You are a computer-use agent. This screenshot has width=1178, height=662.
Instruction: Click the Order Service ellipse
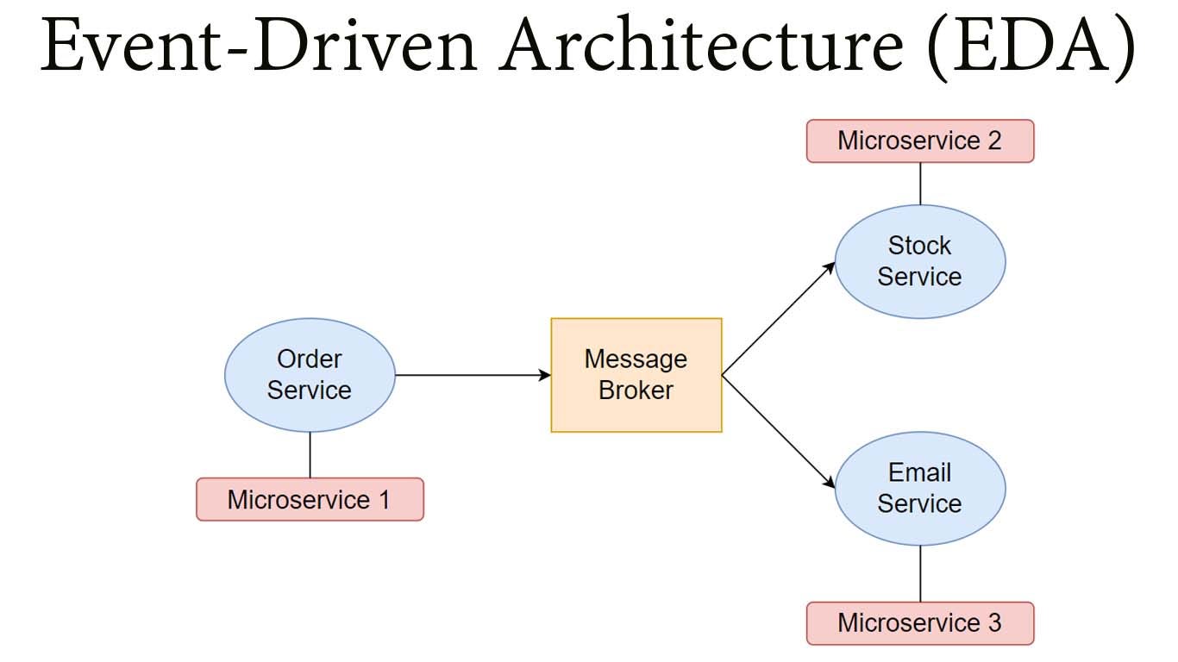tap(310, 375)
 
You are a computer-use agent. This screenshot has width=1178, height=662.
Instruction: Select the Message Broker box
tap(636, 375)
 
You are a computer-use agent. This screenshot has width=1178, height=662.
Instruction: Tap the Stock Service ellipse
tap(920, 261)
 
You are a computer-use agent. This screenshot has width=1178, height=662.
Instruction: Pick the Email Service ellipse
tap(920, 489)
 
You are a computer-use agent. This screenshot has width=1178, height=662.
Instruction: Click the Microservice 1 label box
tap(310, 500)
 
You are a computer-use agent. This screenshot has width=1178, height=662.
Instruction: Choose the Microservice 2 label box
tap(920, 141)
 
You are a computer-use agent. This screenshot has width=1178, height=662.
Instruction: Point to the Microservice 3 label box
tap(920, 623)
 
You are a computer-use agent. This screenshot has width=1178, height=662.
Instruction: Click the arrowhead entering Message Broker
tap(545, 375)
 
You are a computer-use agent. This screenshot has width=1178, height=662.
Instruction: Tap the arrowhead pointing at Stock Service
tap(829, 268)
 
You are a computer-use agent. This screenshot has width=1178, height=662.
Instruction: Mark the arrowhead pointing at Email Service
tap(829, 482)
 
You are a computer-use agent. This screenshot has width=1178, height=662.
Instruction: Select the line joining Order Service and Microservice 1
tap(310, 455)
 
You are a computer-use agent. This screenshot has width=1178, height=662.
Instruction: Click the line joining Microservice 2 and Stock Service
tap(920, 184)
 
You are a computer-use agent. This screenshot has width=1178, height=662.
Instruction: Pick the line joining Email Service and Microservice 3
tap(920, 574)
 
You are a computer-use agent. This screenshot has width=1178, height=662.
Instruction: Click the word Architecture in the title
tap(701, 45)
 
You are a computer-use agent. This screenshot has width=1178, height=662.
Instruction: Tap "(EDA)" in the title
tap(1031, 47)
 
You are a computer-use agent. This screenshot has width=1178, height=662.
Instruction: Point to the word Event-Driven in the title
tap(259, 45)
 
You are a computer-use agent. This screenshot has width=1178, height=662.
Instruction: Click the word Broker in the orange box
tap(636, 390)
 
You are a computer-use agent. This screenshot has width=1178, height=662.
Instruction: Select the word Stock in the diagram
tap(920, 246)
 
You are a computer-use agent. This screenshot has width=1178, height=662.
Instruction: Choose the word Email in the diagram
tap(920, 472)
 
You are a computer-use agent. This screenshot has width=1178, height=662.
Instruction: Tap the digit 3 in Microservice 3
tap(994, 623)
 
